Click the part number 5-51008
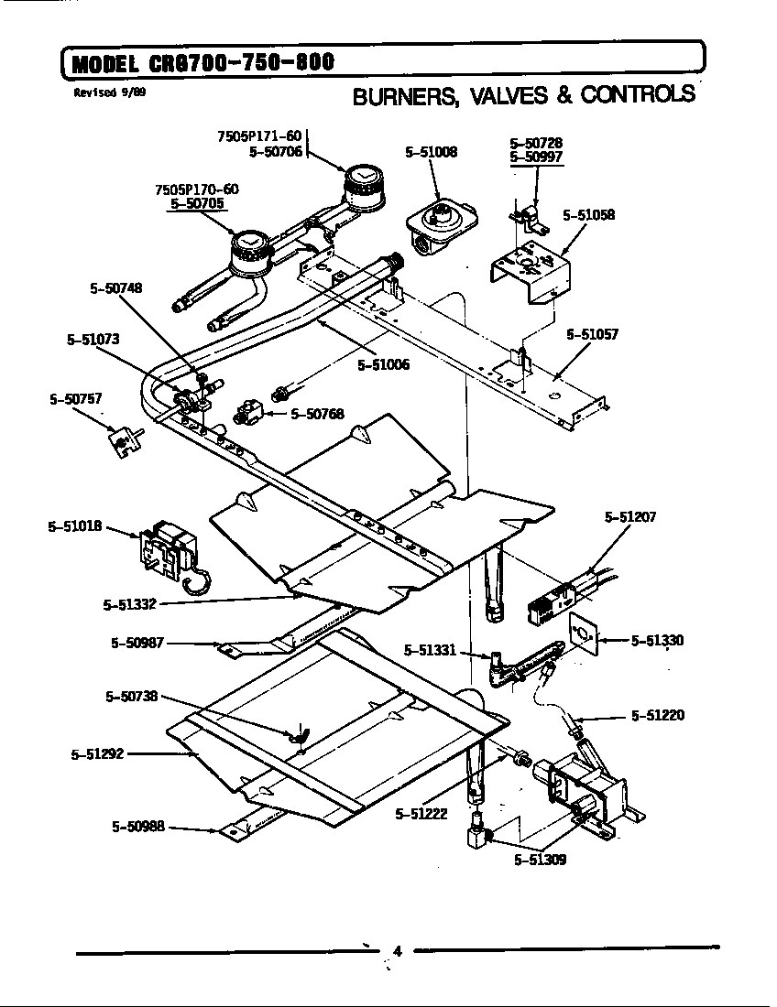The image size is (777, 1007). click(x=431, y=153)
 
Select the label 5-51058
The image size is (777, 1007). click(x=588, y=215)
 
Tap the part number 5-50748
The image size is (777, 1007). click(x=115, y=287)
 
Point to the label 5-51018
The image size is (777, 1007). click(x=73, y=527)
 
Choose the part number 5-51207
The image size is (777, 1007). click(x=629, y=517)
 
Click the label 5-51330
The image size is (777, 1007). click(x=657, y=640)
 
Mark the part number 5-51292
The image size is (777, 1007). click(x=96, y=754)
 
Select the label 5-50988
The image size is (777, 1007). click(x=137, y=827)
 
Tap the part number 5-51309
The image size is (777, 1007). click(x=540, y=860)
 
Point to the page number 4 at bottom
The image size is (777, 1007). click(x=397, y=950)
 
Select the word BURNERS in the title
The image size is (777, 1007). click(x=399, y=95)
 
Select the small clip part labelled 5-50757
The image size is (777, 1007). click(x=122, y=442)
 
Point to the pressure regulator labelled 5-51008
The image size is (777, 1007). click(x=442, y=221)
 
